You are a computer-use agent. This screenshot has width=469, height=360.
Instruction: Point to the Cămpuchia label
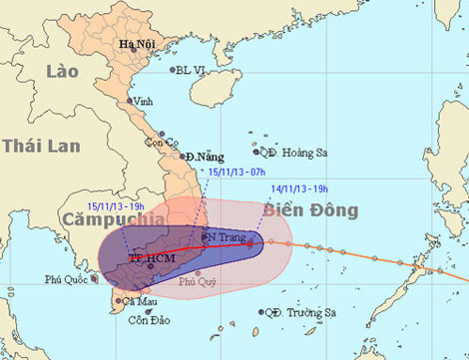(x=100, y=219)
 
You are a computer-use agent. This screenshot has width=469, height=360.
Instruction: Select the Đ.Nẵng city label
(x=205, y=158)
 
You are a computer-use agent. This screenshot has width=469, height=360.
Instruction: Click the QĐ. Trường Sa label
(x=300, y=313)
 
